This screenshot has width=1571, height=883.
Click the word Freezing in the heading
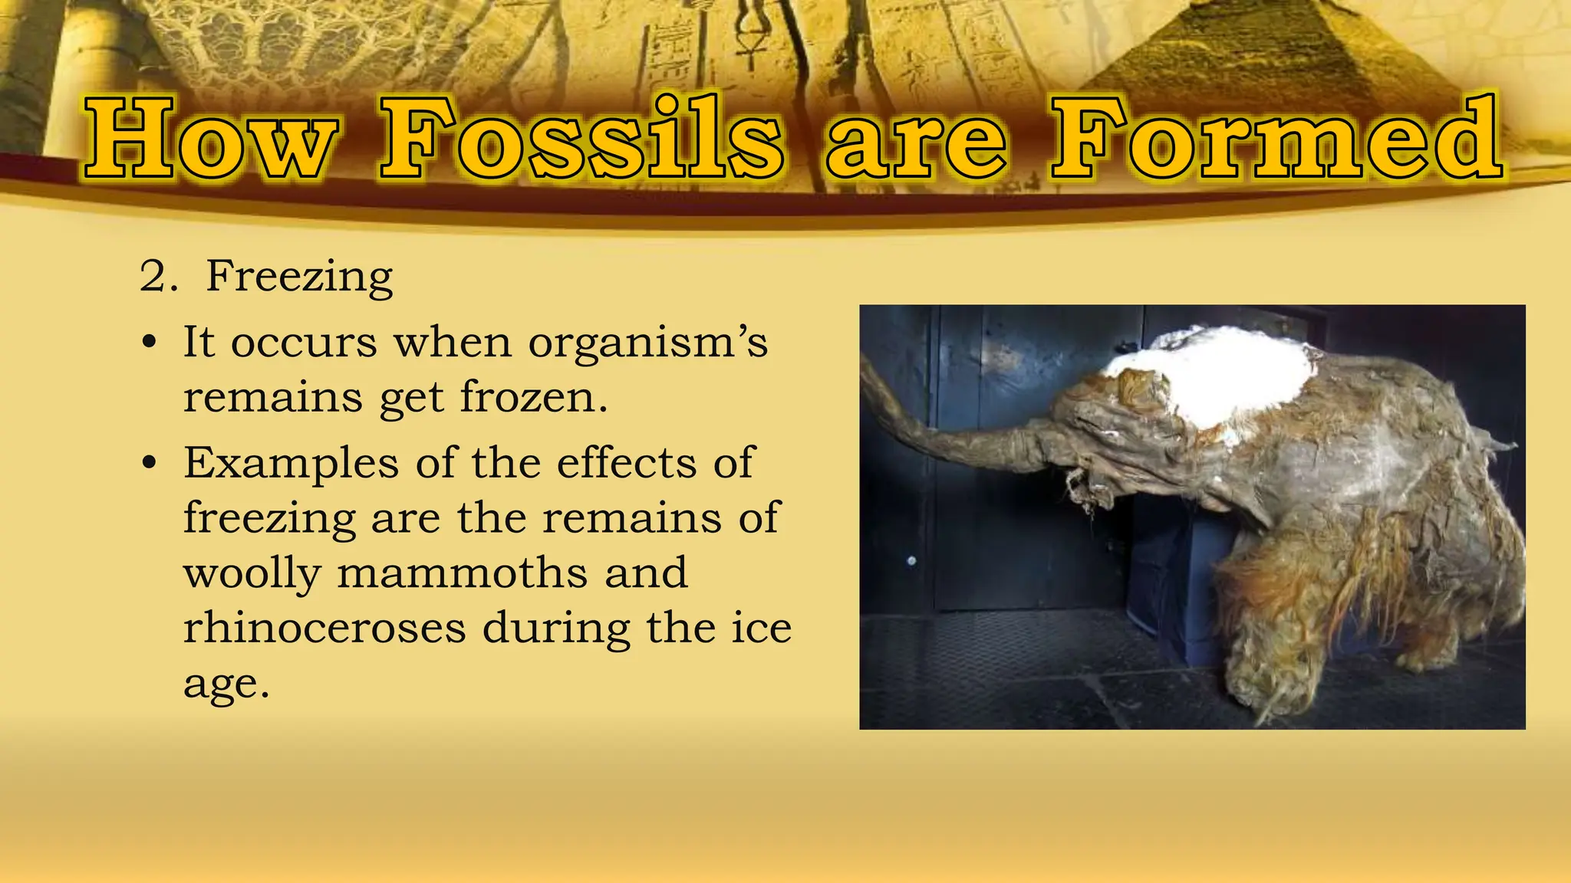(299, 277)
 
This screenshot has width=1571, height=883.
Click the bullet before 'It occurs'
(150, 343)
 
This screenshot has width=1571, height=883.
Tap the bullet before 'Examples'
(150, 464)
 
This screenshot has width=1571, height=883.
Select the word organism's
(647, 343)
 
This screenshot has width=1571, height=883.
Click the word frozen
(533, 398)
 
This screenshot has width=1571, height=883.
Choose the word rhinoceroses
(324, 629)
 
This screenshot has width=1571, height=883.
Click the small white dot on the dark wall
(911, 561)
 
